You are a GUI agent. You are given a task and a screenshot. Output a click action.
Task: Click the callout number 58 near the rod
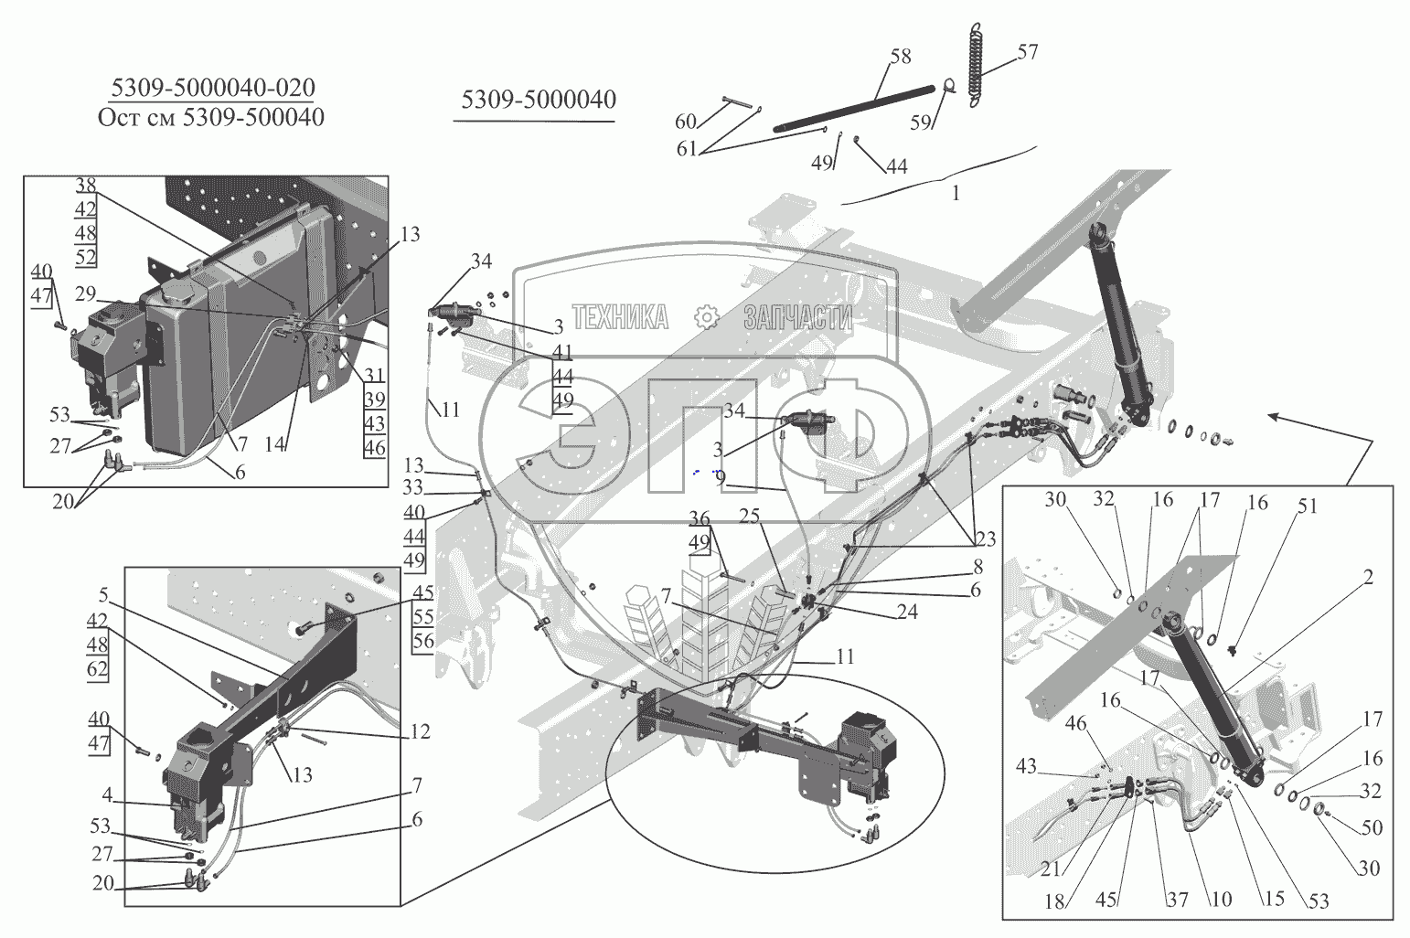tap(901, 57)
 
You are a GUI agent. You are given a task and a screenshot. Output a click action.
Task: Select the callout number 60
tap(686, 122)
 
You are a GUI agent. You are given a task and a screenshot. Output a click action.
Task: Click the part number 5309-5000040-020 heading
tap(212, 88)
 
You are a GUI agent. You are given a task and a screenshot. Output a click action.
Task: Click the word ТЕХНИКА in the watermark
tap(620, 317)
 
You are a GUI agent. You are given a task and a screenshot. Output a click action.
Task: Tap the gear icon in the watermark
tap(706, 317)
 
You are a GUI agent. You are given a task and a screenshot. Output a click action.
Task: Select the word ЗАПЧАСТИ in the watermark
tap(797, 317)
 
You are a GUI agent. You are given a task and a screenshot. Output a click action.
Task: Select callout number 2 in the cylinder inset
tap(1369, 577)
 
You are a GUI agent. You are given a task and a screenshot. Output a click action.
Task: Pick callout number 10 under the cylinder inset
tap(1222, 900)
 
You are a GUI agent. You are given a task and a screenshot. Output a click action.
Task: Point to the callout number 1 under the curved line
tap(956, 194)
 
